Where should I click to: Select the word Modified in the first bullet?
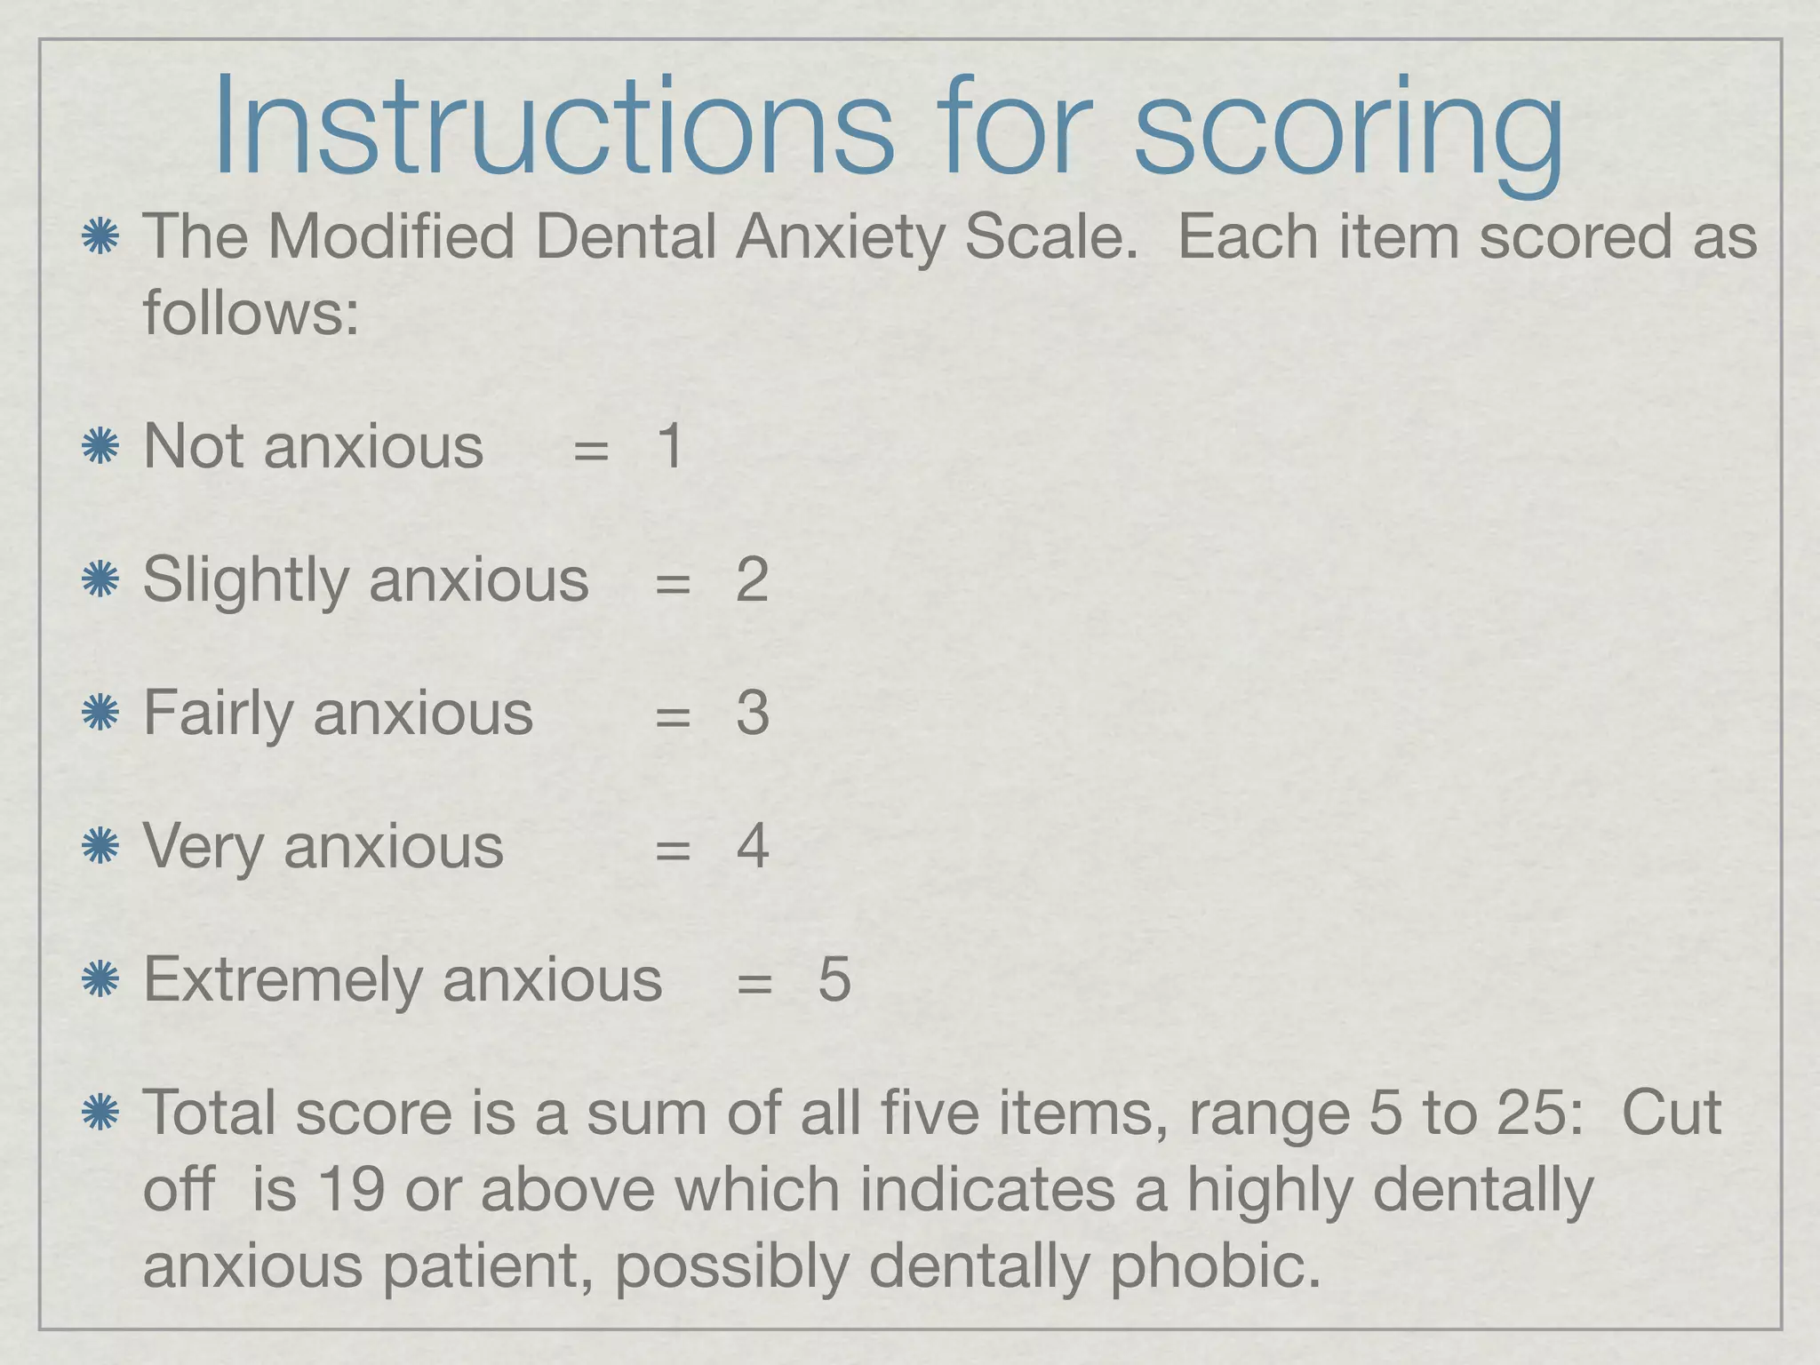[391, 238]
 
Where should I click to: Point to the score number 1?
[670, 446]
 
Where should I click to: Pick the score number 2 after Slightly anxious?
[752, 580]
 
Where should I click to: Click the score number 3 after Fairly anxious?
[752, 713]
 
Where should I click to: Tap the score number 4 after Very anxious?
[752, 846]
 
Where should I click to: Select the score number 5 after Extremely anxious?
[834, 979]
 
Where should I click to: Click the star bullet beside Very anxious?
[100, 846]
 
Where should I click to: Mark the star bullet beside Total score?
[100, 1113]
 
